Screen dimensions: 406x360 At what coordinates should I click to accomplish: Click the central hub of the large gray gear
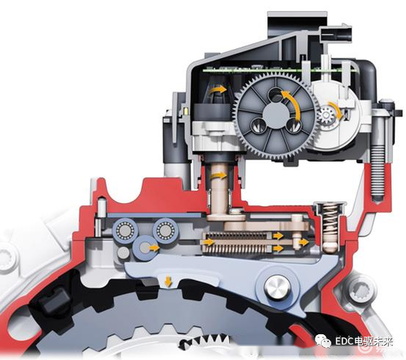pos(276,115)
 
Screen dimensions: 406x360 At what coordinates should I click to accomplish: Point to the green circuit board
pos(277,70)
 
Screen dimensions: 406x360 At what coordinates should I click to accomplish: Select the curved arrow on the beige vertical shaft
pos(218,176)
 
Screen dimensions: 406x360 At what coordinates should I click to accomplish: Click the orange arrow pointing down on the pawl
pos(168,281)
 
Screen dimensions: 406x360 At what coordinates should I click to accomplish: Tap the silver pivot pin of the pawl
pos(277,288)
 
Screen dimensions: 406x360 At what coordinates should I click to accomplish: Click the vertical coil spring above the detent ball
pos(329,220)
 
